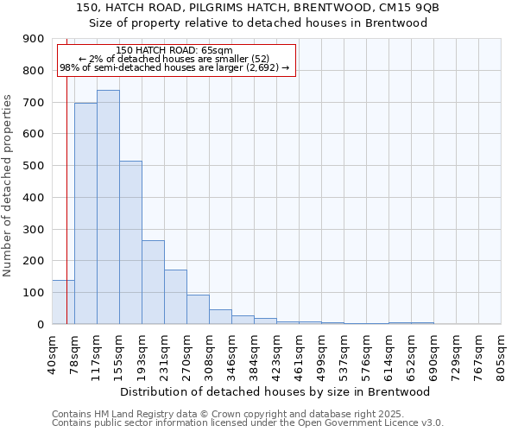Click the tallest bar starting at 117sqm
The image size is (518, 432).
tap(108, 207)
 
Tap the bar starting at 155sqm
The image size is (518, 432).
tap(130, 243)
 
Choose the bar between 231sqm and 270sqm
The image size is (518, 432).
tap(175, 297)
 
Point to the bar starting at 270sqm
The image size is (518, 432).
tap(198, 309)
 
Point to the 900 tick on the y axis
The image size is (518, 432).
tap(34, 39)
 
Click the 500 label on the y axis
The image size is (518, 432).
tap(34, 166)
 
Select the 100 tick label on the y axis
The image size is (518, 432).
tap(34, 293)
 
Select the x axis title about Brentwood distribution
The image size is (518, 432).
tap(276, 391)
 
